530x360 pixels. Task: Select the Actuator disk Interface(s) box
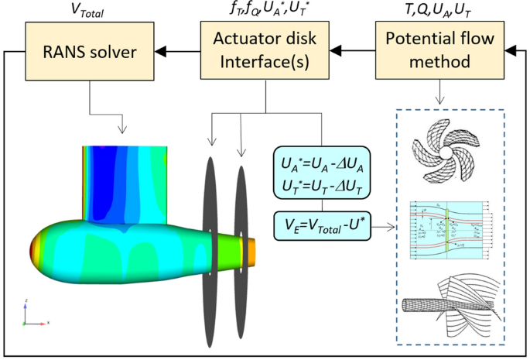pos(266,52)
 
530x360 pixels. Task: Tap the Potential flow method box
pos(439,52)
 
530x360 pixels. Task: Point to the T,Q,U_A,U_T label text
pos(439,11)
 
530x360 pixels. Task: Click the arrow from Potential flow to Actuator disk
pos(351,52)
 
